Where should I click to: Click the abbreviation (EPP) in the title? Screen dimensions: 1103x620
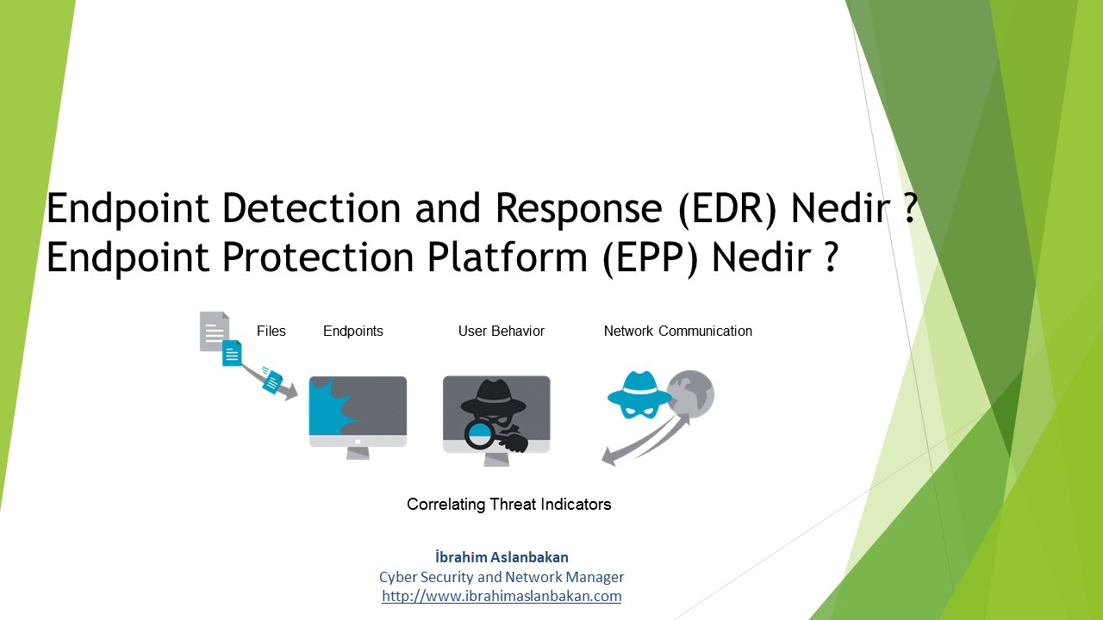pyautogui.click(x=650, y=257)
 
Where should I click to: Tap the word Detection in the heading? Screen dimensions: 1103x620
pyautogui.click(x=312, y=208)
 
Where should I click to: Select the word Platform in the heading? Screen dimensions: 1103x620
pyautogui.click(x=508, y=256)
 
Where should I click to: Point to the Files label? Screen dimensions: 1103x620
pyautogui.click(x=271, y=332)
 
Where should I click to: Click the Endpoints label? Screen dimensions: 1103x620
pyautogui.click(x=353, y=332)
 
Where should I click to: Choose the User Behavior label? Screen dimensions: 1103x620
pyautogui.click(x=502, y=332)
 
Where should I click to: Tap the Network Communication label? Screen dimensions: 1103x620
pyautogui.click(x=678, y=332)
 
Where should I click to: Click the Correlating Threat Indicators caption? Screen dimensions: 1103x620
pyautogui.click(x=508, y=505)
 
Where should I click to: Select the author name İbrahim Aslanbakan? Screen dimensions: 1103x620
pyautogui.click(x=502, y=557)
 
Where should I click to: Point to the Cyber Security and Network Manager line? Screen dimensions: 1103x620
pyautogui.click(x=502, y=577)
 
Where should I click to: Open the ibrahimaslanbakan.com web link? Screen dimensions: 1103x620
pyautogui.click(x=502, y=596)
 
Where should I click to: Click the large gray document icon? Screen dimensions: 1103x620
pyautogui.click(x=215, y=332)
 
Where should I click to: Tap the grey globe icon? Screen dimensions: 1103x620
pyautogui.click(x=690, y=394)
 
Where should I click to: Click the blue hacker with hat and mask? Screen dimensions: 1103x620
pyautogui.click(x=639, y=394)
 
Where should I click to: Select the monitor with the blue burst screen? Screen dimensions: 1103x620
pyautogui.click(x=358, y=418)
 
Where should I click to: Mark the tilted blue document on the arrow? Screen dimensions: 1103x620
pyautogui.click(x=271, y=380)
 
